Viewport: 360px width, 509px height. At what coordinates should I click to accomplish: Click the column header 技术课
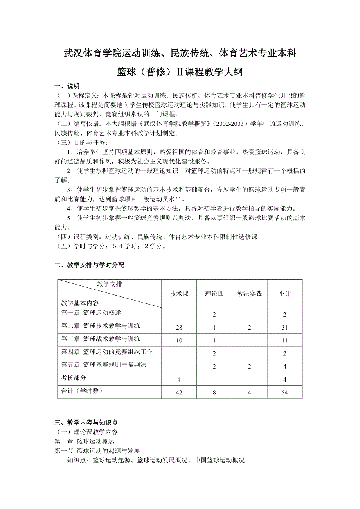click(179, 294)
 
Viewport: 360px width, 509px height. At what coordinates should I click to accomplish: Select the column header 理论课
click(214, 294)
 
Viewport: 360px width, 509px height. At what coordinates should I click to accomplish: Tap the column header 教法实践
click(249, 294)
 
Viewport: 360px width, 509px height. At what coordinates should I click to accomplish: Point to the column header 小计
click(284, 294)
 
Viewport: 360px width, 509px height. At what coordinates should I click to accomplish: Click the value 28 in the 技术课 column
click(179, 328)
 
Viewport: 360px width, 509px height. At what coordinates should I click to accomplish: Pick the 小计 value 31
click(284, 328)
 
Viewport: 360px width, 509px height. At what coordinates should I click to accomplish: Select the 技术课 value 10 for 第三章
click(179, 341)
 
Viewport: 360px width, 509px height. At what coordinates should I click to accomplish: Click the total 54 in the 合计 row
click(284, 393)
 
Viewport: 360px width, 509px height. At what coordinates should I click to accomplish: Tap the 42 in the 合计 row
click(179, 393)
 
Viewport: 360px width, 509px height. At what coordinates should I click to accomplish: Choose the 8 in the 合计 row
click(214, 393)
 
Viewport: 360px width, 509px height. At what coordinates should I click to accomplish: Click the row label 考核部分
click(74, 378)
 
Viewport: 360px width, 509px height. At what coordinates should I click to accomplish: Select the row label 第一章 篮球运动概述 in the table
click(91, 313)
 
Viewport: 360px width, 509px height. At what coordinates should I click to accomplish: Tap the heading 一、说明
click(67, 86)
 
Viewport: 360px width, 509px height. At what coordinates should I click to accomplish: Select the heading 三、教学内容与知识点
click(86, 423)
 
